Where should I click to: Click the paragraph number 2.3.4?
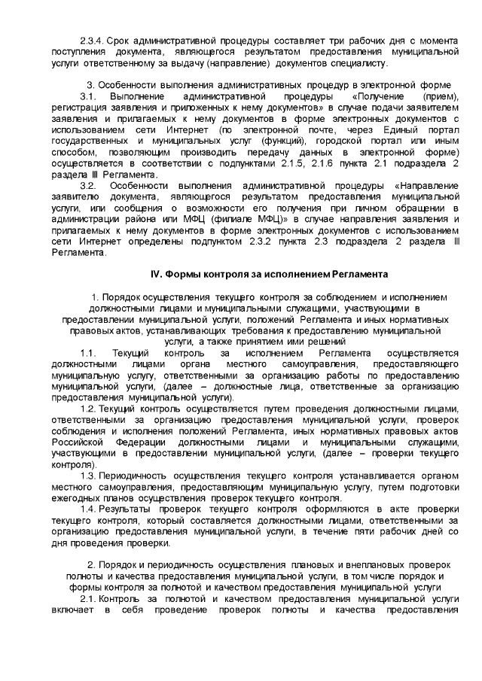92,38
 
